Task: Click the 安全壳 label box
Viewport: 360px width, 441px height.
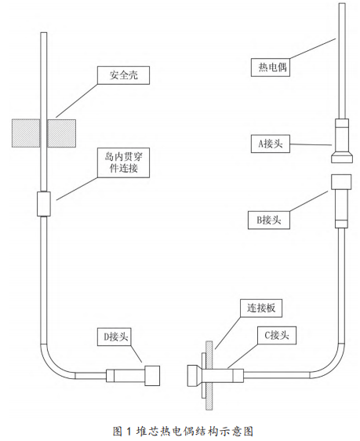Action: coord(123,75)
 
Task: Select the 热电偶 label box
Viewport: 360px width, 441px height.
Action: coord(271,67)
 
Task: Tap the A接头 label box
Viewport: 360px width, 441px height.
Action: coord(271,144)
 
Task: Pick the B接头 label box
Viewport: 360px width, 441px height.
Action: coord(269,220)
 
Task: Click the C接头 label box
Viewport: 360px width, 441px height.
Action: coord(277,336)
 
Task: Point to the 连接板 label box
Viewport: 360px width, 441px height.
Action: coord(261,308)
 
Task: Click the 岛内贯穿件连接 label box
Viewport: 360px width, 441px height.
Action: coord(123,162)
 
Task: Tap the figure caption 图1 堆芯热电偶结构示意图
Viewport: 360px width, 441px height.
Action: coord(183,431)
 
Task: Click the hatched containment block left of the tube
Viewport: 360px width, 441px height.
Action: coord(26,133)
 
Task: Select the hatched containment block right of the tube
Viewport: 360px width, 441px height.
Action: coord(61,133)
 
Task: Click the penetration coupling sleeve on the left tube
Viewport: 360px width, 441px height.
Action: coord(44,204)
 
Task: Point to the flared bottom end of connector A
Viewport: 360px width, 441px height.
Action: coord(342,157)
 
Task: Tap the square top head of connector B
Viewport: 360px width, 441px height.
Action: coord(341,182)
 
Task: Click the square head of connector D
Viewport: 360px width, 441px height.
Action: coord(152,375)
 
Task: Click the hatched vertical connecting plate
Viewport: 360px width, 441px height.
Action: coord(209,375)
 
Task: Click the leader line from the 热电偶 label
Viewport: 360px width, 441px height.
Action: coord(313,49)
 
